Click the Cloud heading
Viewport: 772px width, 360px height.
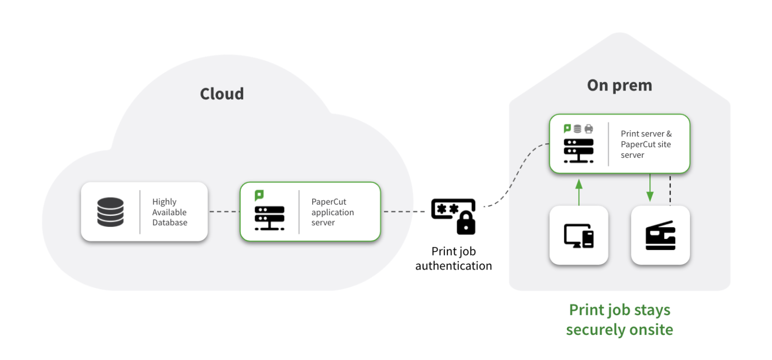click(222, 94)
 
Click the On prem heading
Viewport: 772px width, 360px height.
click(619, 85)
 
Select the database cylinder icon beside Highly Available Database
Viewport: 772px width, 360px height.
click(110, 212)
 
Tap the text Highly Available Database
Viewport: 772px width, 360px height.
click(170, 212)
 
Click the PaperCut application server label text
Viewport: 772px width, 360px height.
click(333, 212)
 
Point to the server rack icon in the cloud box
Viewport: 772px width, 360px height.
click(269, 218)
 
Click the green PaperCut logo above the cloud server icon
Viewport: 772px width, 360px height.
click(259, 195)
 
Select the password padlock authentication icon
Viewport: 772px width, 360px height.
click(453, 216)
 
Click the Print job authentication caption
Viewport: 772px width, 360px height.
click(453, 258)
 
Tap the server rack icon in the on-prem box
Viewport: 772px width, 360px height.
click(578, 150)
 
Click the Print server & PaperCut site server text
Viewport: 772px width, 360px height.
click(646, 144)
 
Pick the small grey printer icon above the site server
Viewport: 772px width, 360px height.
click(589, 129)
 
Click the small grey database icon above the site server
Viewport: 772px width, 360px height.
click(577, 129)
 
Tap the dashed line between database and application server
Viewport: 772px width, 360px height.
click(224, 212)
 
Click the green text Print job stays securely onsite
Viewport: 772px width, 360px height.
click(619, 320)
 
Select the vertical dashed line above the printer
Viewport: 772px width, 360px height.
click(670, 190)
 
